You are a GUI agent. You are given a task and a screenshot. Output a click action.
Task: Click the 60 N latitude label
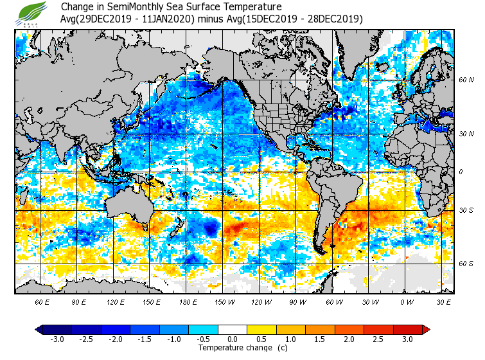pos(466,80)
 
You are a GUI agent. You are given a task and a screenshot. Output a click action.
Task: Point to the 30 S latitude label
pos(466,210)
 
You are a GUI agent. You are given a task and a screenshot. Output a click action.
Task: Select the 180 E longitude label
pos(188,301)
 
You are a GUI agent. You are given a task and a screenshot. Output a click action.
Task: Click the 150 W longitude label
pos(224,301)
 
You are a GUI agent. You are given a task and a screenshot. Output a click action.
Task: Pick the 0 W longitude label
pos(407,301)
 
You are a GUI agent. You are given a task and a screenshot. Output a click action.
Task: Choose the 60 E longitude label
pos(42,301)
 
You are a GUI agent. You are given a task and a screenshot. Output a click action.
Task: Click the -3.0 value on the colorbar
pos(57,339)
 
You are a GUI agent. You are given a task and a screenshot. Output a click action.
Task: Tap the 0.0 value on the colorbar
pos(233,339)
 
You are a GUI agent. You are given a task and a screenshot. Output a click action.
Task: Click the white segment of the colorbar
pos(233,329)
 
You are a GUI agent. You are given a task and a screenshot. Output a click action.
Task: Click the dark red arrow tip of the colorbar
pos(426,329)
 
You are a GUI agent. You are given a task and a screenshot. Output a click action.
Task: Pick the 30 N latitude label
pos(466,134)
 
